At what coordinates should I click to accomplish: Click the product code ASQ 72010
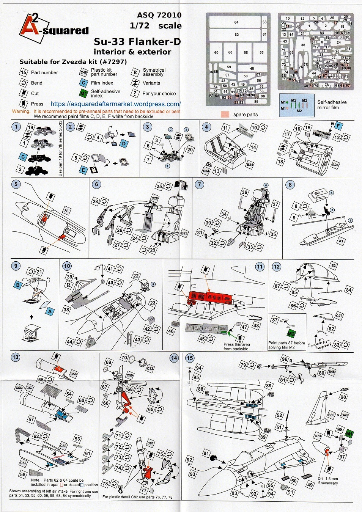tap(159, 15)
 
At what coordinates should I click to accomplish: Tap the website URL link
tap(115, 104)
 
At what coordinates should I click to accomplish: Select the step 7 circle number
tap(200, 184)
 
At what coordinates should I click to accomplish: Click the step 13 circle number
tap(15, 357)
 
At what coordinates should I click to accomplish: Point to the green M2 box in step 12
tap(291, 334)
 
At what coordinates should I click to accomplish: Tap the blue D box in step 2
tap(124, 144)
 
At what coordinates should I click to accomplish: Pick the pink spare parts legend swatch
tap(225, 114)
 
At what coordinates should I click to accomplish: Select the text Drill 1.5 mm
tap(327, 479)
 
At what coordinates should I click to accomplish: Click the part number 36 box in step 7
tap(244, 192)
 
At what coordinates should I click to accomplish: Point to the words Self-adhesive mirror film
tap(332, 105)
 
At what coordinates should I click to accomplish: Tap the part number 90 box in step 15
tap(343, 397)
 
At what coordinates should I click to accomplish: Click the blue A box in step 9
tap(50, 312)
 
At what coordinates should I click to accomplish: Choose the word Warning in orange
tap(21, 111)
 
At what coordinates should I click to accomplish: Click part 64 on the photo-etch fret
tap(236, 22)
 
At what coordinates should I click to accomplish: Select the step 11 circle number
tap(260, 267)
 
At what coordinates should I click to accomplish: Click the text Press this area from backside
tap(236, 346)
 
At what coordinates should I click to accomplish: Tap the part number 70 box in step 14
tap(124, 358)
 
